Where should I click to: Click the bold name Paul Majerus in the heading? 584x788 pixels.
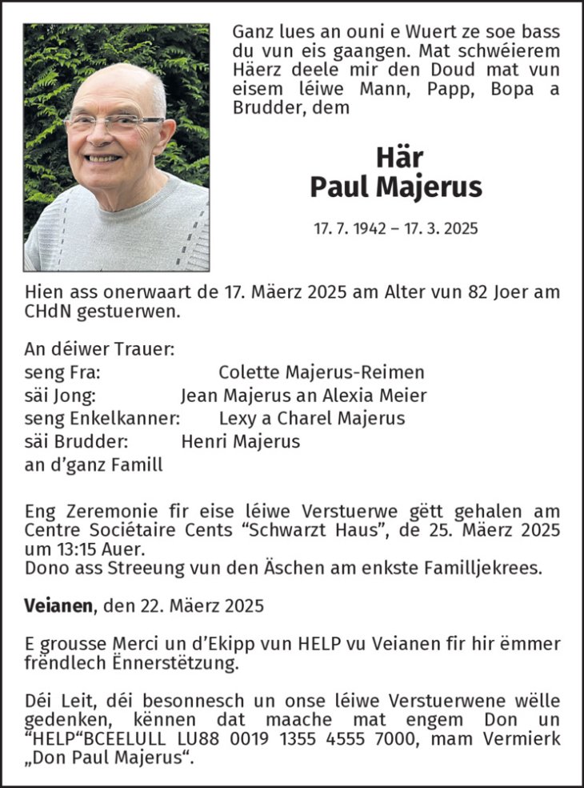point(395,187)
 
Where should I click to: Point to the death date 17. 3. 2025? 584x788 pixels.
point(442,228)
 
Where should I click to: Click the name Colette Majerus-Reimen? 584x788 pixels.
point(321,372)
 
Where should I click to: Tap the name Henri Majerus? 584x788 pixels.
point(240,441)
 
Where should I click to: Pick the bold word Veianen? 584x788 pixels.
point(58,604)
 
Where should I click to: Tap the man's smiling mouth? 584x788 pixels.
point(106,159)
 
